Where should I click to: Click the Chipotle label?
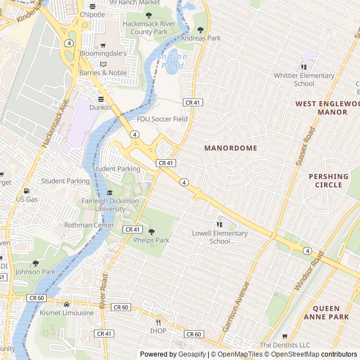point(92,15)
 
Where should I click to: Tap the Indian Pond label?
point(173,61)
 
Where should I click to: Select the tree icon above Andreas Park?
point(200,30)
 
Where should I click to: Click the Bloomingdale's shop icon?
point(102,44)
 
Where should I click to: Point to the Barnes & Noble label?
point(103,73)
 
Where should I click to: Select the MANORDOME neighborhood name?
point(231,148)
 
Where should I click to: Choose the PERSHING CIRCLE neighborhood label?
point(328,181)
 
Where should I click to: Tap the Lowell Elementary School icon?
point(219,225)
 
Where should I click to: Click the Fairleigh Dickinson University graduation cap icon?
point(110,193)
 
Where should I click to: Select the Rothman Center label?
point(89,225)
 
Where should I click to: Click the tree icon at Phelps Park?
point(151,232)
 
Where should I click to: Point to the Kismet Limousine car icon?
point(66,304)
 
